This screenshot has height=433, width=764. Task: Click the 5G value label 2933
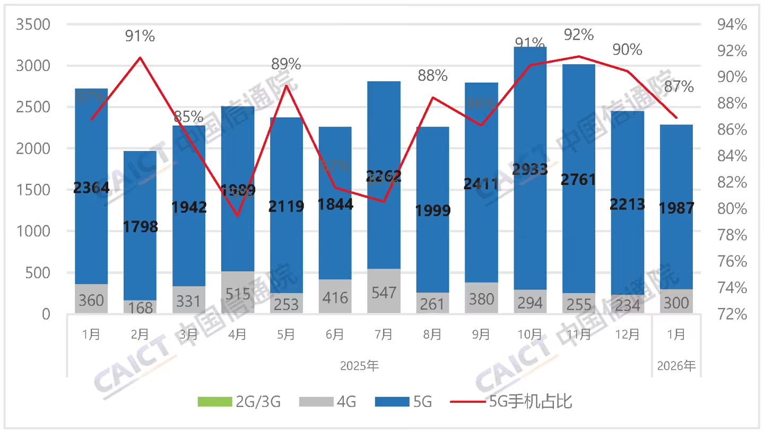click(x=530, y=169)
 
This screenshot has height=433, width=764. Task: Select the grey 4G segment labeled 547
click(x=384, y=291)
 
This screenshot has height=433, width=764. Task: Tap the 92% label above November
click(x=578, y=35)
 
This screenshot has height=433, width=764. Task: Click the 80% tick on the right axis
click(x=733, y=208)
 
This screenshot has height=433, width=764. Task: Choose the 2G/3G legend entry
click(x=239, y=402)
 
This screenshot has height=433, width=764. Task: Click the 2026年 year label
click(x=676, y=365)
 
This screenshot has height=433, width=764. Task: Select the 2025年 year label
click(x=359, y=365)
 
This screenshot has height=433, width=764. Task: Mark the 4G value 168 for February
click(x=140, y=307)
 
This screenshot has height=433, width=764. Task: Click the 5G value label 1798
click(x=140, y=227)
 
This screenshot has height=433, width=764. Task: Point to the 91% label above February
click(x=140, y=36)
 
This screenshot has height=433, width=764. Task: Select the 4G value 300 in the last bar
click(x=676, y=303)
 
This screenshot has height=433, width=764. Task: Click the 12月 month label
click(x=627, y=334)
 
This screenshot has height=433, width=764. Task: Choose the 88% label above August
click(x=432, y=76)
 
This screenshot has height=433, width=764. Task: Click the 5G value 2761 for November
click(x=578, y=179)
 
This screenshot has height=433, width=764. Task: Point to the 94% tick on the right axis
click(x=733, y=24)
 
